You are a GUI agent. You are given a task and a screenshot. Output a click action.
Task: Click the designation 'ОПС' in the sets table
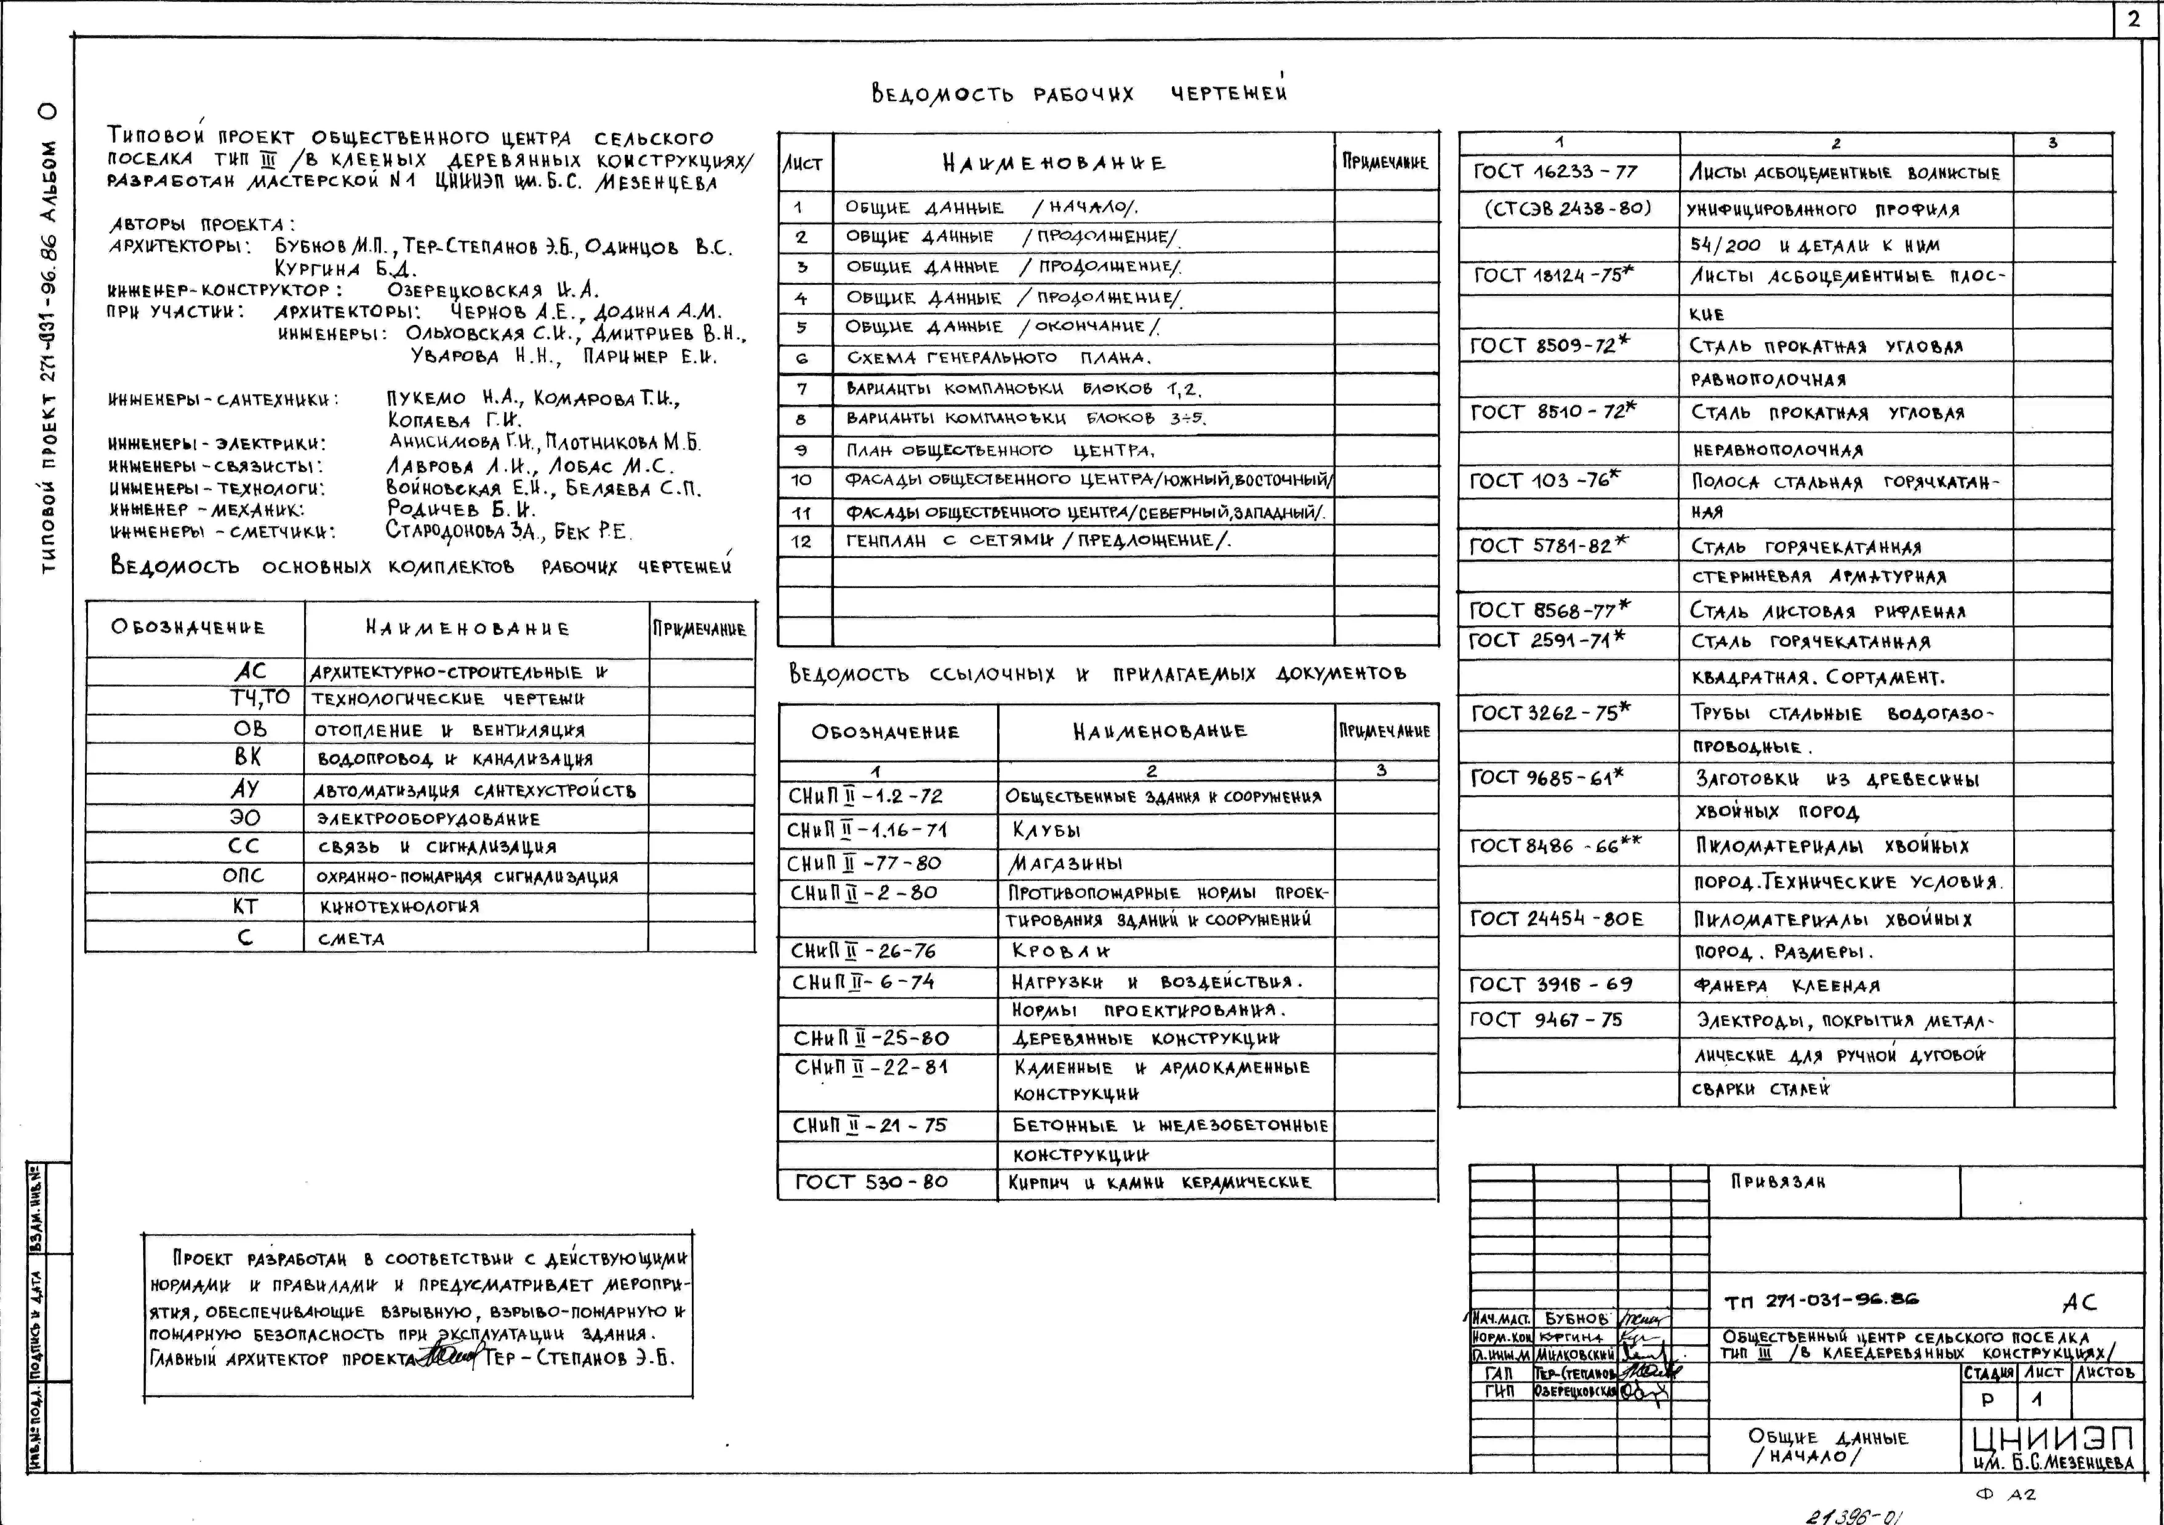tap(243, 876)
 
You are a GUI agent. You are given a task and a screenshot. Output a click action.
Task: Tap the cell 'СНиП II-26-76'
tap(862, 951)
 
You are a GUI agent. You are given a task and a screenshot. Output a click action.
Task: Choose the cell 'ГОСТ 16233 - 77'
tap(1555, 172)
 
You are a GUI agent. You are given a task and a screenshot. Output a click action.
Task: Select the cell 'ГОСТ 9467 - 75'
tap(1546, 1020)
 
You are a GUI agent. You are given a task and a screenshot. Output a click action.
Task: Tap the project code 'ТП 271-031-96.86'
tap(1821, 1301)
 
